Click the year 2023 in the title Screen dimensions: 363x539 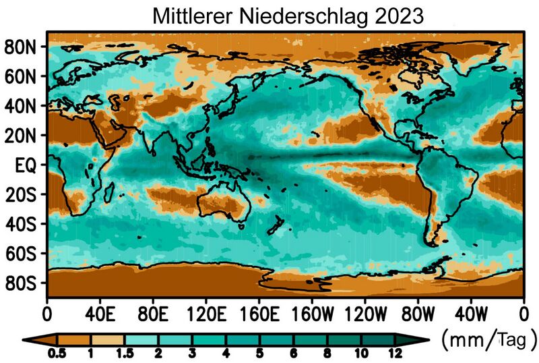398,14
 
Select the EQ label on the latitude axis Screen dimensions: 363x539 27,165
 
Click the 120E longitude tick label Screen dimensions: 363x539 205,314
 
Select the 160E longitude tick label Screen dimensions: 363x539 259,314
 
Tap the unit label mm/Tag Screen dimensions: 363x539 488,336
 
